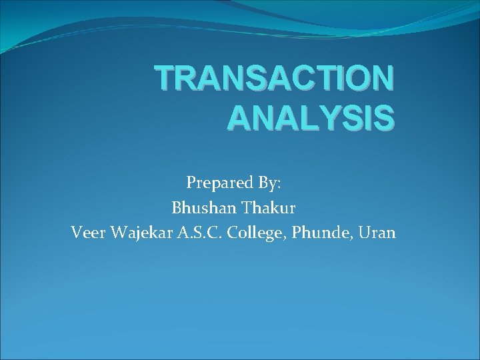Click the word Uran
pyautogui.click(x=377, y=233)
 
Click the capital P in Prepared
pyautogui.click(x=191, y=182)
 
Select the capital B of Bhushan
pyautogui.click(x=177, y=207)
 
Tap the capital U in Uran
pyautogui.click(x=365, y=233)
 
